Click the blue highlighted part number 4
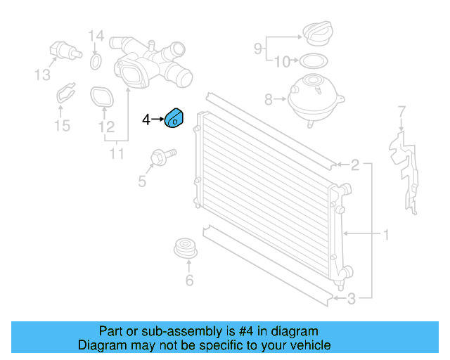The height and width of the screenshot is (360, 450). point(174,118)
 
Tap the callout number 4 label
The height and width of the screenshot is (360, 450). point(146,120)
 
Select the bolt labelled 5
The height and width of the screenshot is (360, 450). point(163,157)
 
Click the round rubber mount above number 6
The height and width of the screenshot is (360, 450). point(186,247)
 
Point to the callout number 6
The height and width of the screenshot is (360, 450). point(189,281)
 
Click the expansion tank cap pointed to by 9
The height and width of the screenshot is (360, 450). point(318,33)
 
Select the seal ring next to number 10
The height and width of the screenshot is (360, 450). point(314,61)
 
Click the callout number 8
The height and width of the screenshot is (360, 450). point(269,100)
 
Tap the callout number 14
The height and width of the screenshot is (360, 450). point(96,36)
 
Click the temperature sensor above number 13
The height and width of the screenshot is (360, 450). point(65,51)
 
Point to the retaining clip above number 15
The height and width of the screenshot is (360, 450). point(65,93)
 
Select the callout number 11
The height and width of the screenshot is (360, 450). point(117,154)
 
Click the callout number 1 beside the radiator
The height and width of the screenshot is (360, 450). point(386,235)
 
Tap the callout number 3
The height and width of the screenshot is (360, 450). point(352,299)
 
